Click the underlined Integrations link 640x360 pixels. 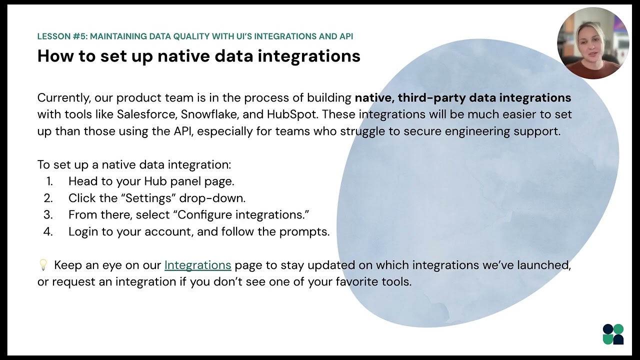(197, 265)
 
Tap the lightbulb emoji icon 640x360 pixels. (43, 264)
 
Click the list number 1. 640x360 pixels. (49, 181)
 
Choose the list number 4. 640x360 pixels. (48, 232)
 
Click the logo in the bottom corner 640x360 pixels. (613, 334)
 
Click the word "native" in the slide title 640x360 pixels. (183, 56)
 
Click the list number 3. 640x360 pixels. (48, 215)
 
